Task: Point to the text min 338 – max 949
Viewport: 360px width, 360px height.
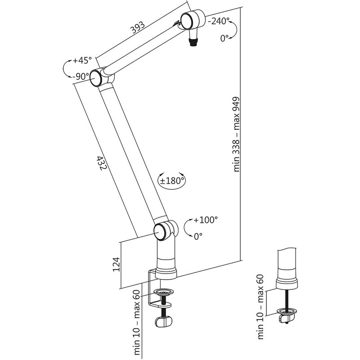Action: click(238, 135)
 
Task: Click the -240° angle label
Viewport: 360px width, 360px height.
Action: click(218, 21)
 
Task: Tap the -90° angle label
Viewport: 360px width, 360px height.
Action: click(80, 76)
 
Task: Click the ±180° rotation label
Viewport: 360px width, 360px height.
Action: click(172, 181)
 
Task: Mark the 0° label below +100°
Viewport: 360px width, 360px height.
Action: click(198, 235)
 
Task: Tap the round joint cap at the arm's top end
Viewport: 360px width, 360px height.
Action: click(188, 20)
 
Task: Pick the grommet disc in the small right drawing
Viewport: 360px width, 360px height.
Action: click(287, 311)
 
